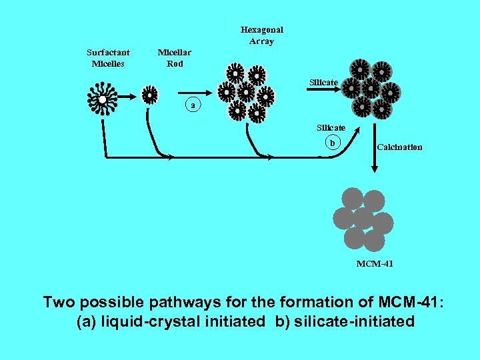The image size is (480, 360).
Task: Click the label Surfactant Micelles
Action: (108, 58)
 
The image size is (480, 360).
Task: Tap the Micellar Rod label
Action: (174, 58)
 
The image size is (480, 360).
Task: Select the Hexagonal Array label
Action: (261, 35)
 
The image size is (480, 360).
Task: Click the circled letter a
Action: (193, 105)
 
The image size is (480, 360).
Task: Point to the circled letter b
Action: (333, 141)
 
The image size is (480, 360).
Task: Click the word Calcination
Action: (399, 147)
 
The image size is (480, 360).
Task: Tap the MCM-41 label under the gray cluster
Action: (375, 264)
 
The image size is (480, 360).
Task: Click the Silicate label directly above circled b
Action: (331, 127)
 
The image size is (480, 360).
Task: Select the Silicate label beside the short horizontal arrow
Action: (323, 82)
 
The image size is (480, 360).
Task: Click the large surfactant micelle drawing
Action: (103, 99)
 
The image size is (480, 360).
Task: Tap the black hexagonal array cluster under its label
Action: (246, 93)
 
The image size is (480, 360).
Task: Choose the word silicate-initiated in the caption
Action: (353, 321)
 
